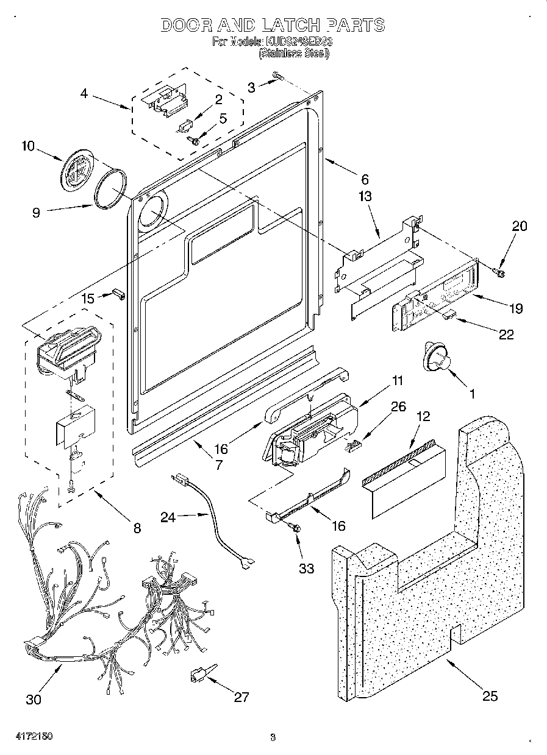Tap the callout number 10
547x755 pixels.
click(28, 146)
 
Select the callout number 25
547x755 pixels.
click(490, 695)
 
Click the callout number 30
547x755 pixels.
click(34, 700)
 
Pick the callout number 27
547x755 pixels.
click(241, 697)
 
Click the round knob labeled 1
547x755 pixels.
click(435, 358)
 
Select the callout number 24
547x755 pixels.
click(168, 517)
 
